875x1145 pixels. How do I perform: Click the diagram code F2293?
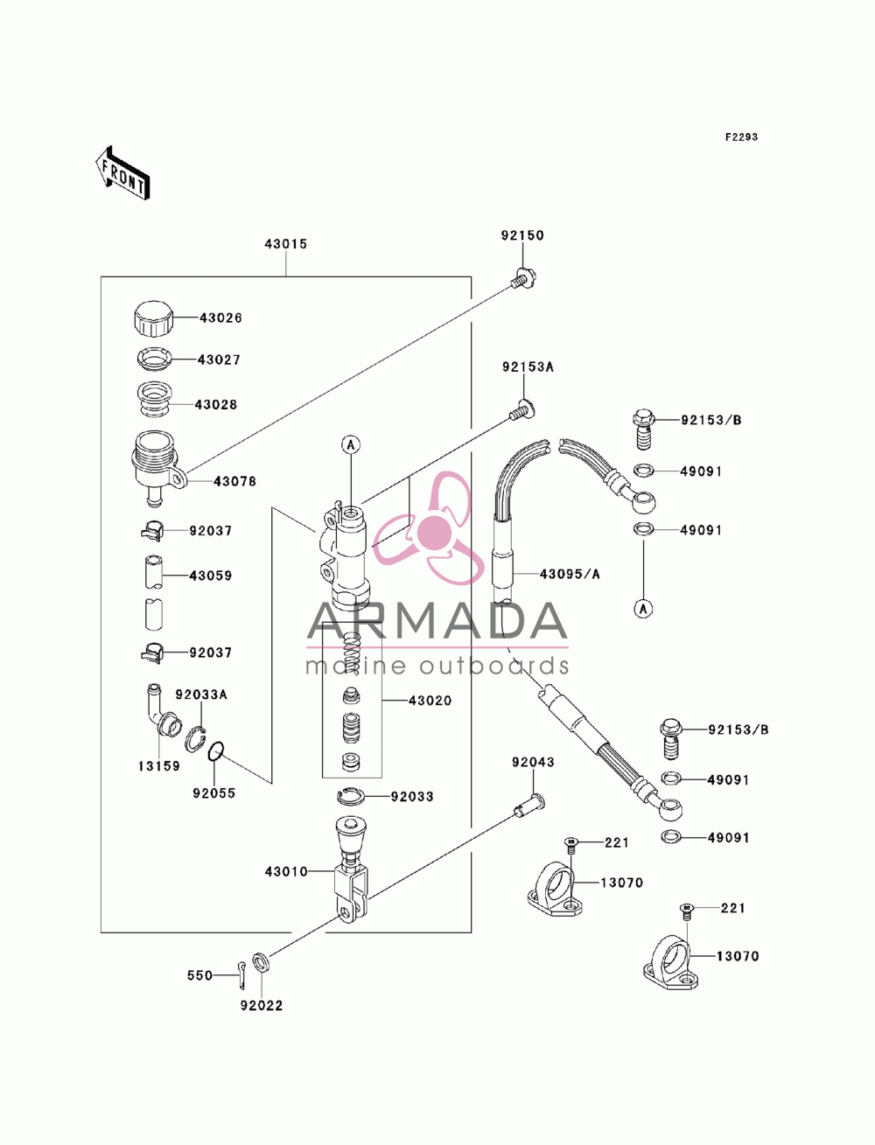(x=740, y=137)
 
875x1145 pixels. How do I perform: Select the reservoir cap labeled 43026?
(x=153, y=318)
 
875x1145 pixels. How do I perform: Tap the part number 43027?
(x=219, y=360)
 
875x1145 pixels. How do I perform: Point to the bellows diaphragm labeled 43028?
(x=154, y=399)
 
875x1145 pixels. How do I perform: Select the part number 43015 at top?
(x=285, y=243)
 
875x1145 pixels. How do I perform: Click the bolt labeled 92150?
(x=523, y=277)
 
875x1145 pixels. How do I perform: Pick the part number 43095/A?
(x=570, y=575)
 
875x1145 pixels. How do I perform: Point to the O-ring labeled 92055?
(x=216, y=752)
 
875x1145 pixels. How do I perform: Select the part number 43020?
(x=430, y=701)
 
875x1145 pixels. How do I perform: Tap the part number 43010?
(x=286, y=871)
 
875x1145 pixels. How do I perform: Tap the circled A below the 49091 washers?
(x=643, y=608)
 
